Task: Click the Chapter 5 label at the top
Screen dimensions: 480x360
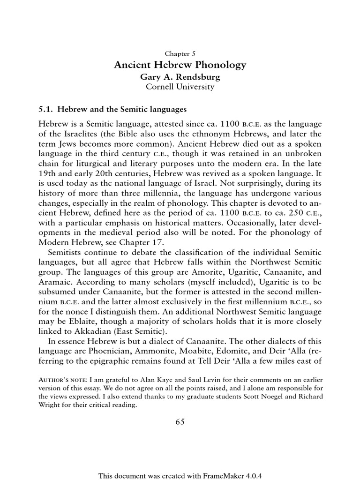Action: [x=180, y=53]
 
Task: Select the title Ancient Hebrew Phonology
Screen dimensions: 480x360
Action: [x=180, y=65]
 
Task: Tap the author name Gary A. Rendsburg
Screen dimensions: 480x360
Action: [x=180, y=77]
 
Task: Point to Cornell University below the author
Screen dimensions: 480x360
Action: [x=180, y=87]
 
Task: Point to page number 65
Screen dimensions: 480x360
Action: [x=180, y=421]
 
